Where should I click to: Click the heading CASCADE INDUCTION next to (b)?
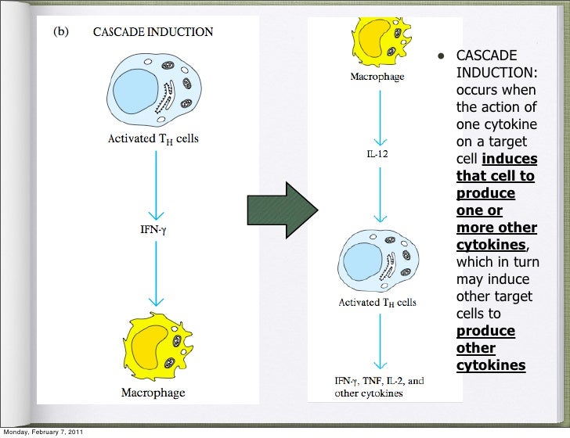point(153,33)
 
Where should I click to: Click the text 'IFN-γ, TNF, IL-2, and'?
point(379,381)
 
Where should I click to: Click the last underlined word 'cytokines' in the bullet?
point(490,365)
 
